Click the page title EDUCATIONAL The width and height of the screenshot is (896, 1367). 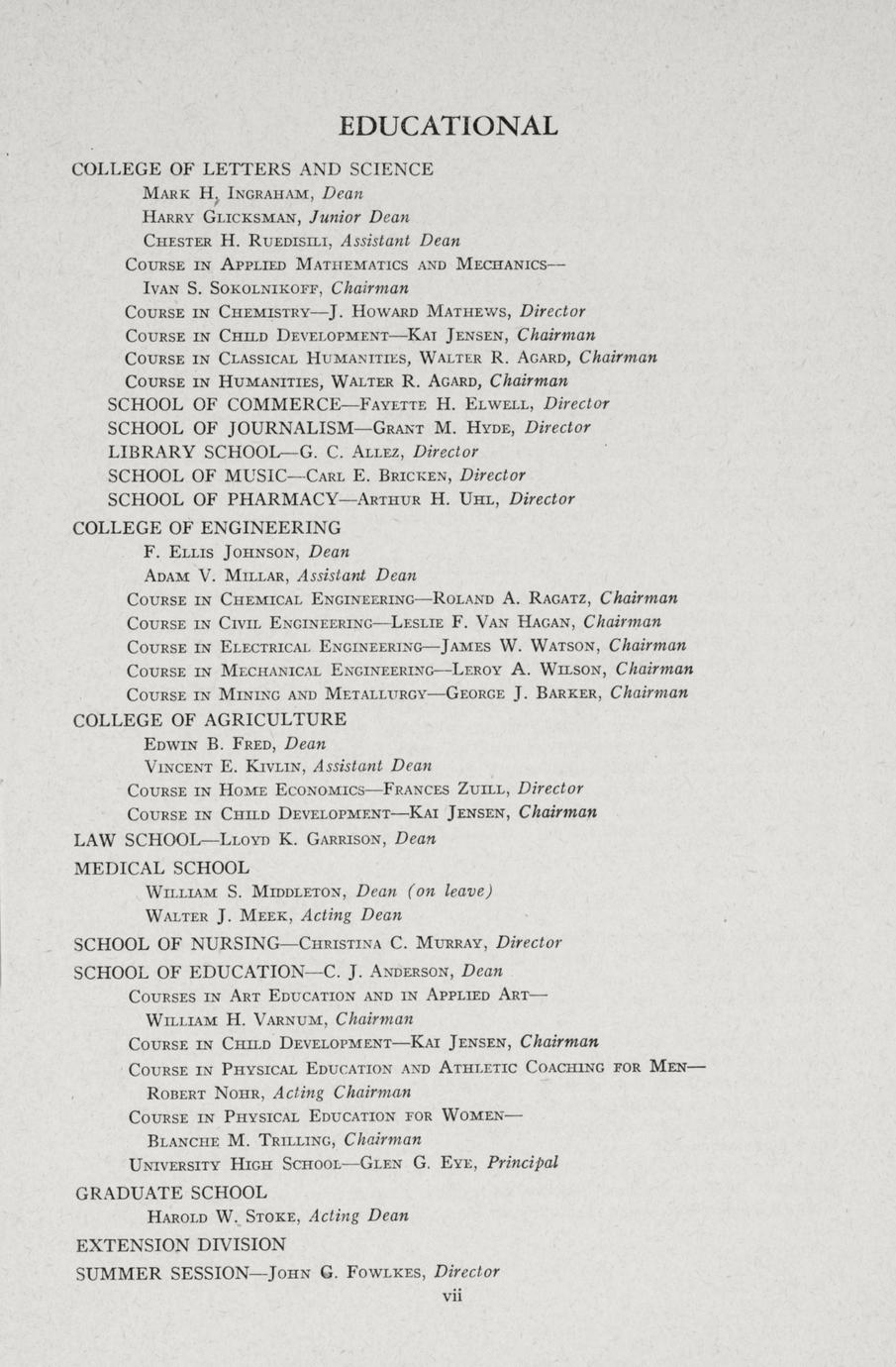pos(448,126)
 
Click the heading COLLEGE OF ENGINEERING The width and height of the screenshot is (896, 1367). pos(207,527)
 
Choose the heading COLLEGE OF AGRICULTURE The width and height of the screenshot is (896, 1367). pos(210,719)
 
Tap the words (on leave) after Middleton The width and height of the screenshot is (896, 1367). pos(450,891)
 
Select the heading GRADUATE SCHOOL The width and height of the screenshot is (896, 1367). pos(171,1192)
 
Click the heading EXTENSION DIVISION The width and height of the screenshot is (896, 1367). pos(181,1244)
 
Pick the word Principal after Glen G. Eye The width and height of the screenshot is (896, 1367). pos(523,1163)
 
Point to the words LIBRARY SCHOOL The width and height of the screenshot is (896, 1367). pos(179,452)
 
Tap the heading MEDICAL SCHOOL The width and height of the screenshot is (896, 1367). pos(162,868)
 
